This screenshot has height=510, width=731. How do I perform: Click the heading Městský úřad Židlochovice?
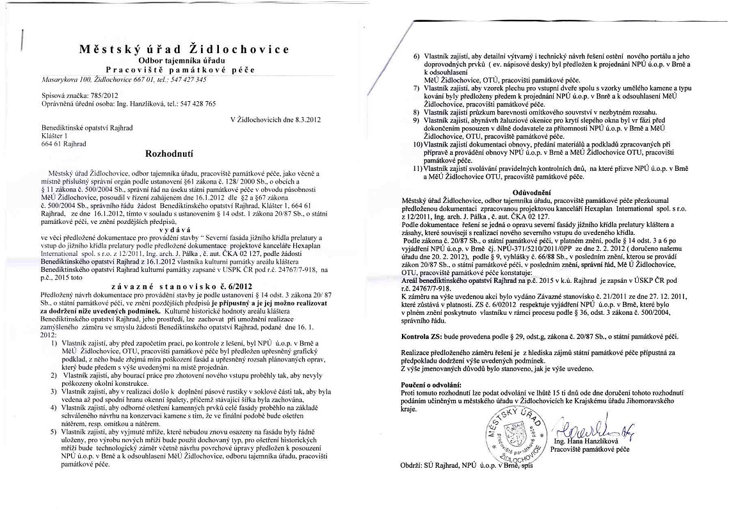pyautogui.click(x=184, y=49)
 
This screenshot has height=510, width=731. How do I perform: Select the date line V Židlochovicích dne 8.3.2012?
pyautogui.click(x=275, y=120)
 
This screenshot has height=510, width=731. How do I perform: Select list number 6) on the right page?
pyautogui.click(x=417, y=56)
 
